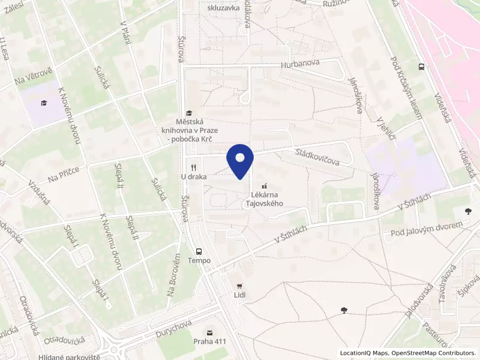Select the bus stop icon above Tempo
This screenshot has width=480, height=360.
coord(199,251)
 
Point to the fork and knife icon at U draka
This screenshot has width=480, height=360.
coord(193,167)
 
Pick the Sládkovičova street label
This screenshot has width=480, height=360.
coord(317,158)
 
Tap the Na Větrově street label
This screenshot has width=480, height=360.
coord(34,79)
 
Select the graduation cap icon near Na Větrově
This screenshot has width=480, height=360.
coord(44,103)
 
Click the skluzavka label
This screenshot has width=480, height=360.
coord(223,8)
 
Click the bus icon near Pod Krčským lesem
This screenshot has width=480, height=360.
coord(422,67)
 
